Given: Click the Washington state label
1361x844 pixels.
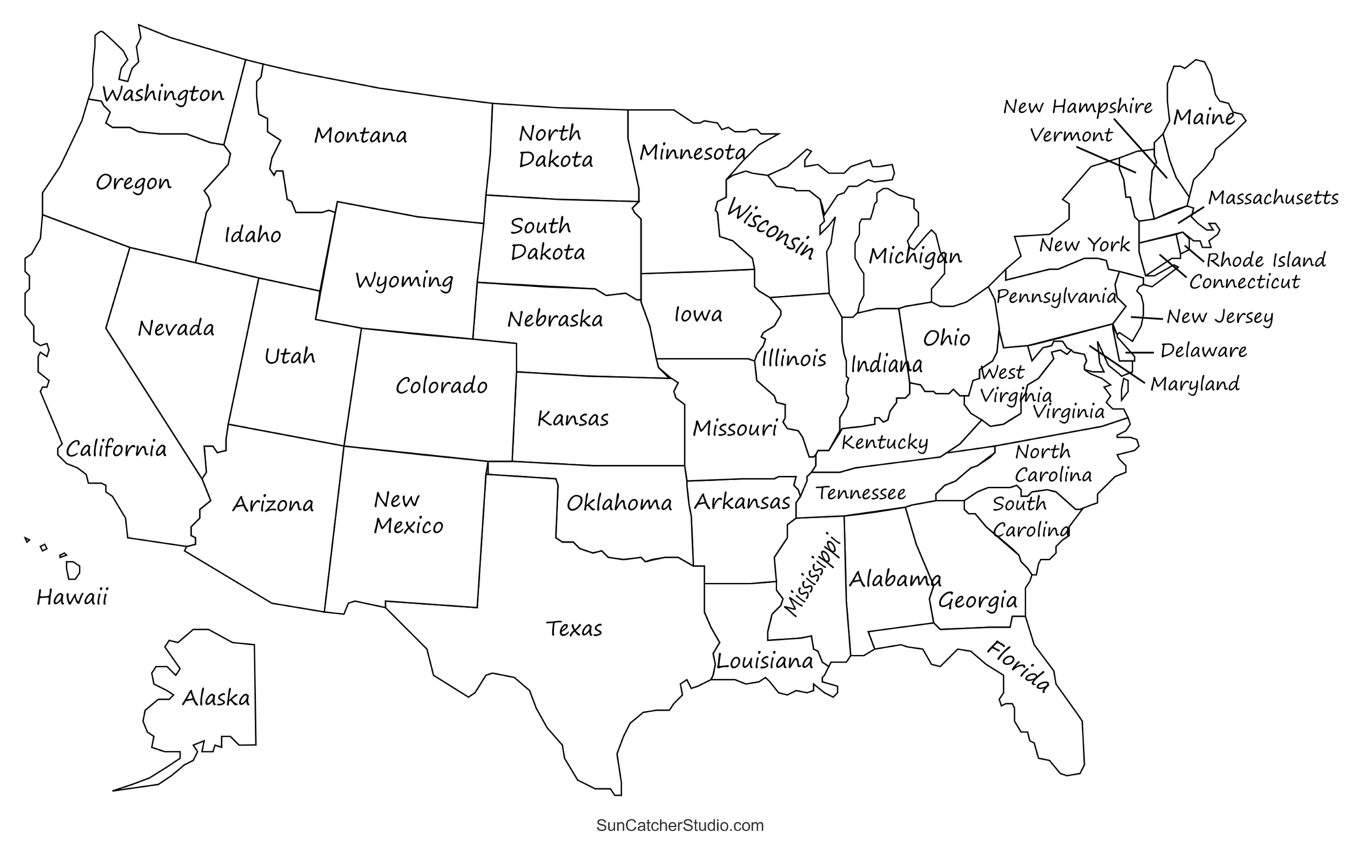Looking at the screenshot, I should (x=163, y=94).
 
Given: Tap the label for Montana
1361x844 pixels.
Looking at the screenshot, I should (x=360, y=135).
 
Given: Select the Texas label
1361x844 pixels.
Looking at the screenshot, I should (x=574, y=628).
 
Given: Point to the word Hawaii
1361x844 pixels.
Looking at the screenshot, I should (x=72, y=598).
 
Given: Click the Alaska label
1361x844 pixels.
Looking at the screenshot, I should (x=216, y=698).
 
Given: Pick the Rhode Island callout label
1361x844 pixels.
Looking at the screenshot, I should (x=1266, y=260).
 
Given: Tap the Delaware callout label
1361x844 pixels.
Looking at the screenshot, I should (x=1203, y=351).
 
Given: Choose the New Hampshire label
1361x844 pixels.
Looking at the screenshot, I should (x=1078, y=107).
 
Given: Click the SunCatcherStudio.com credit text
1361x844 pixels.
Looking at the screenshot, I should (x=680, y=826).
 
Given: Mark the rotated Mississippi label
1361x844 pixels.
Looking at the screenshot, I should (x=812, y=575).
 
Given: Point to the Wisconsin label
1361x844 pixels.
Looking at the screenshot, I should (x=771, y=229).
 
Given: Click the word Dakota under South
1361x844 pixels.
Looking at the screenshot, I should (x=548, y=252).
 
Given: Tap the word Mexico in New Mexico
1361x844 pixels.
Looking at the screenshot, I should (x=408, y=526).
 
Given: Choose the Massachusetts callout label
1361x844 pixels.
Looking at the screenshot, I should (x=1273, y=198).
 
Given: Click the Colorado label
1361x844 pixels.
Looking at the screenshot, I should (x=442, y=386).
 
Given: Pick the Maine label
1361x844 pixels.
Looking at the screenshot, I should (x=1204, y=117).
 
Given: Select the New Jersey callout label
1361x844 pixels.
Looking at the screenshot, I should (x=1219, y=317).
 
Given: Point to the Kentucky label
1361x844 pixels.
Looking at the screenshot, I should (x=885, y=443).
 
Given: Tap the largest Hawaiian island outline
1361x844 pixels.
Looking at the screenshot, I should (x=73, y=570).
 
